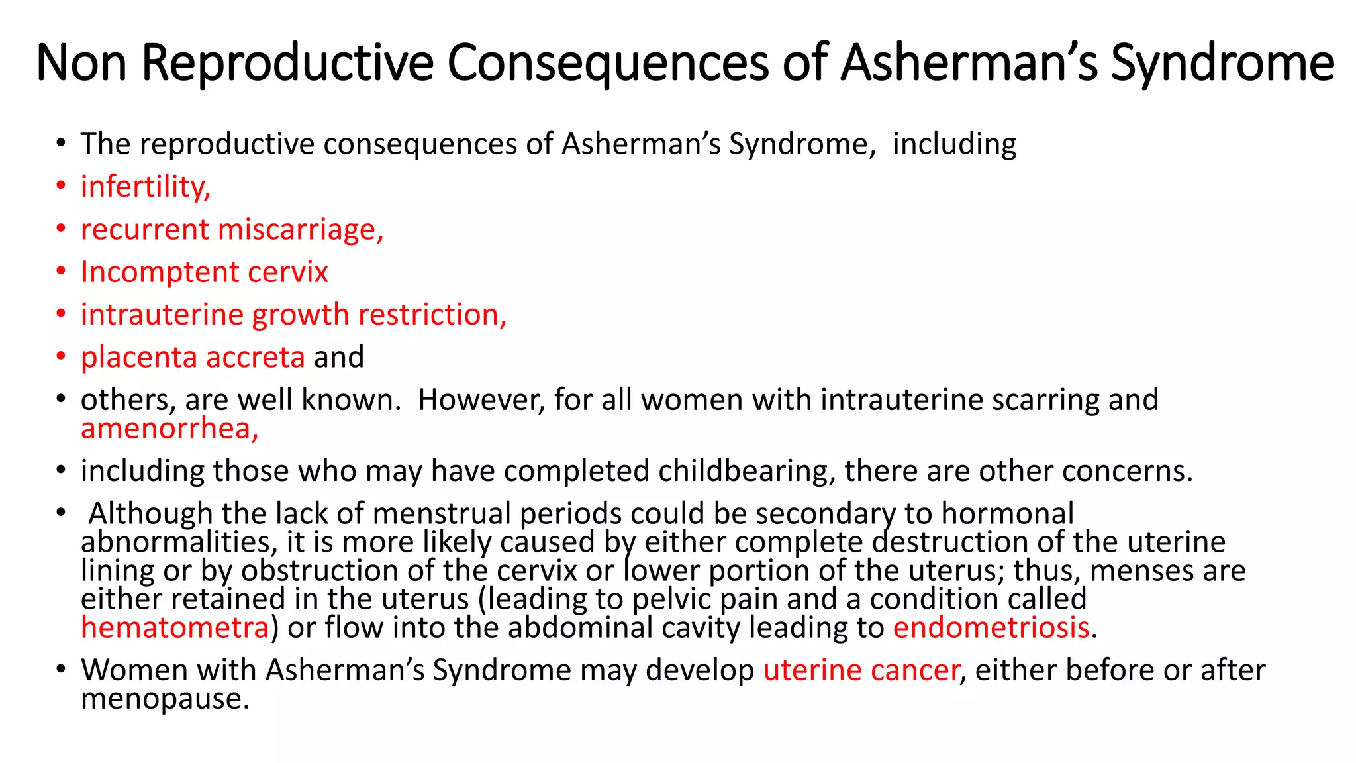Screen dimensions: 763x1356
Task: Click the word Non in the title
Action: (81, 62)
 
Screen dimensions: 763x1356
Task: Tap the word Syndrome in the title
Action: (1222, 62)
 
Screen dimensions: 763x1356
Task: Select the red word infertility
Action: (145, 186)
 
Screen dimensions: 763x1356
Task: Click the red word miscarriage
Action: (301, 230)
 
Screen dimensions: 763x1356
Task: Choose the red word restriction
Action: (432, 315)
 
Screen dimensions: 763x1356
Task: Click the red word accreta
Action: (255, 357)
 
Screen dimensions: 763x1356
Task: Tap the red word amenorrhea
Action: (169, 429)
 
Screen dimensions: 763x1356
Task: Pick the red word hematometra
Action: (175, 627)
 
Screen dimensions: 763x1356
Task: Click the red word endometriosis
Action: (991, 627)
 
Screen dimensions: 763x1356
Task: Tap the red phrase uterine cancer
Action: (861, 670)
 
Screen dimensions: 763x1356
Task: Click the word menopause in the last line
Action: (164, 699)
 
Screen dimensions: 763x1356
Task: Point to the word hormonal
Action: (1007, 514)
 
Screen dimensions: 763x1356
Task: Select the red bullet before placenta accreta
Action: (61, 356)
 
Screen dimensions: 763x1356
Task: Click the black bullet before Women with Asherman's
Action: (61, 669)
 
